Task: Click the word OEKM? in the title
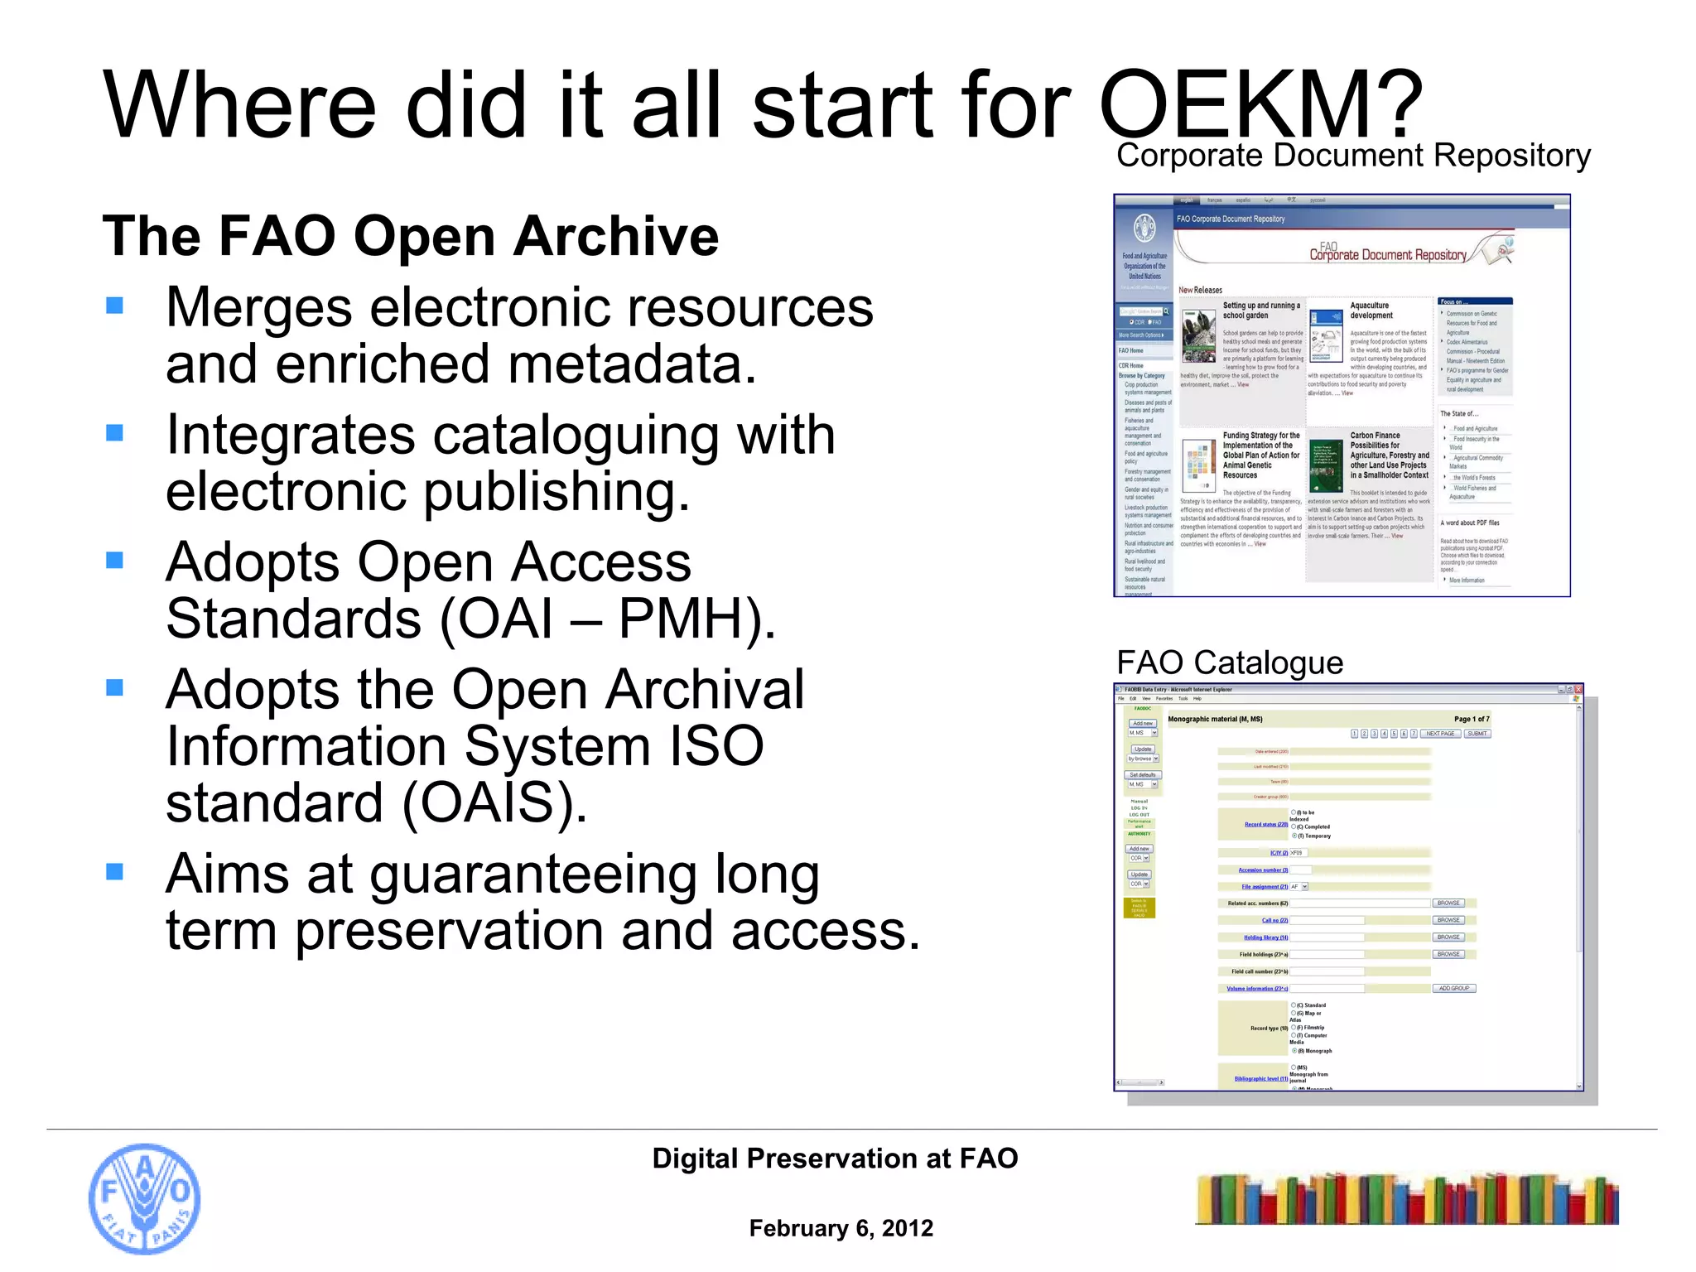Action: point(1259,106)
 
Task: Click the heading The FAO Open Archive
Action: point(410,236)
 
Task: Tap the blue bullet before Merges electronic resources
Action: point(114,306)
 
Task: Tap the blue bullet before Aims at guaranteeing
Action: point(114,871)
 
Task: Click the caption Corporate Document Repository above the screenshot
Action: point(1353,156)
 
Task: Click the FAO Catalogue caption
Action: point(1229,662)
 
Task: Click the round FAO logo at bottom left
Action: point(144,1198)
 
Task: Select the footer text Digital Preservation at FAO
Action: point(835,1158)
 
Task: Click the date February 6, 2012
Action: point(841,1228)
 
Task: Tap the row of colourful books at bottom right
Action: point(1406,1199)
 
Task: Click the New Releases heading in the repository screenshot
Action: point(1200,290)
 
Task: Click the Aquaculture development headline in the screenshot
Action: point(1371,311)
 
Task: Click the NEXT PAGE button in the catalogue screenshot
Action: point(1440,734)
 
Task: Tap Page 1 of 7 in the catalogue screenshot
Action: point(1471,719)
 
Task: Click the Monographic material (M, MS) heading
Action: point(1215,719)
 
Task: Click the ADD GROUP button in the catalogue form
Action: point(1453,988)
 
